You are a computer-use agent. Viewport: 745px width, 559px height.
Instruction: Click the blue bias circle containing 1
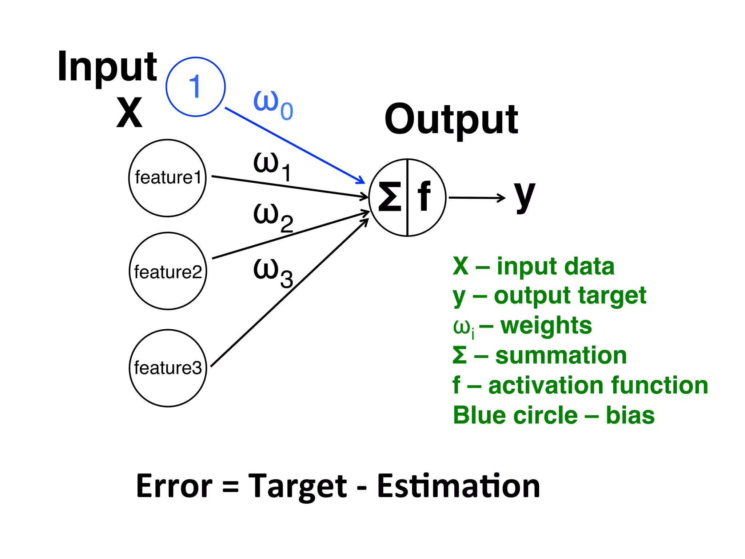pyautogui.click(x=195, y=87)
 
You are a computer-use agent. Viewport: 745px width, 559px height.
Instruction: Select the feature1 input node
pyautogui.click(x=167, y=178)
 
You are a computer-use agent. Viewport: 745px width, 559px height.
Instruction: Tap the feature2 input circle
pyautogui.click(x=168, y=271)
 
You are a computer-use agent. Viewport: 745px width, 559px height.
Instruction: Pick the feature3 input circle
pyautogui.click(x=168, y=368)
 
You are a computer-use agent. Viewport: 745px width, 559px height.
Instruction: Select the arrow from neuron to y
pyautogui.click(x=477, y=198)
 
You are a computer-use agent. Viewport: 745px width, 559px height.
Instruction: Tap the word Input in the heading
pyautogui.click(x=107, y=67)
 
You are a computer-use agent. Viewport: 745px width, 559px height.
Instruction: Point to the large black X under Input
pyautogui.click(x=129, y=113)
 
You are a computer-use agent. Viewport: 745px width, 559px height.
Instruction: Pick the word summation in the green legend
pyautogui.click(x=561, y=356)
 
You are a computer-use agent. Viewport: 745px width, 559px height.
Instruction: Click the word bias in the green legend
pyautogui.click(x=630, y=415)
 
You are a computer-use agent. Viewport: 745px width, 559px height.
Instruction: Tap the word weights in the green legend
pyautogui.click(x=546, y=325)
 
